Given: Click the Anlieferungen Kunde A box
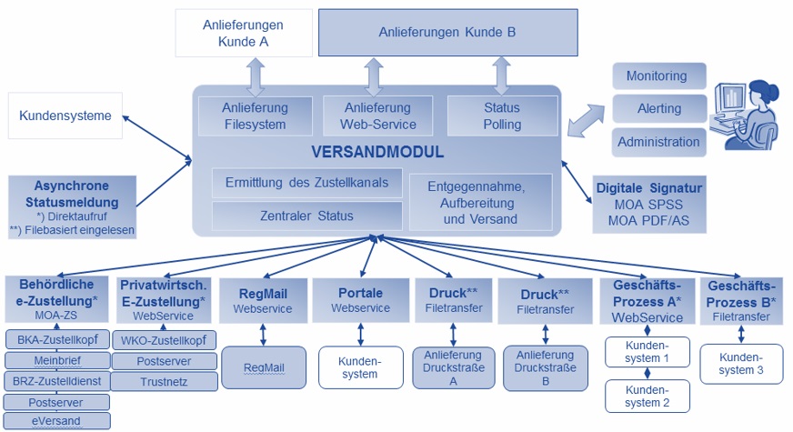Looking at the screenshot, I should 243,33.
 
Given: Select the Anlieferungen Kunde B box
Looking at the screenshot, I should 447,33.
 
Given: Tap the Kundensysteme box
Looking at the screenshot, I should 65,116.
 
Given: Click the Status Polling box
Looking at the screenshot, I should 502,116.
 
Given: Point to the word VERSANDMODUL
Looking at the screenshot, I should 376,152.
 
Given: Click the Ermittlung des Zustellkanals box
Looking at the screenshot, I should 306,183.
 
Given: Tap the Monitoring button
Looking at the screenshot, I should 657,76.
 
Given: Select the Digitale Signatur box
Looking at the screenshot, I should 649,202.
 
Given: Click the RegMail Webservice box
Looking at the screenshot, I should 263,301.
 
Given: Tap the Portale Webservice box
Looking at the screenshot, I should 360,301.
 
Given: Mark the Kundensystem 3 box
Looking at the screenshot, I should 741,363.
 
